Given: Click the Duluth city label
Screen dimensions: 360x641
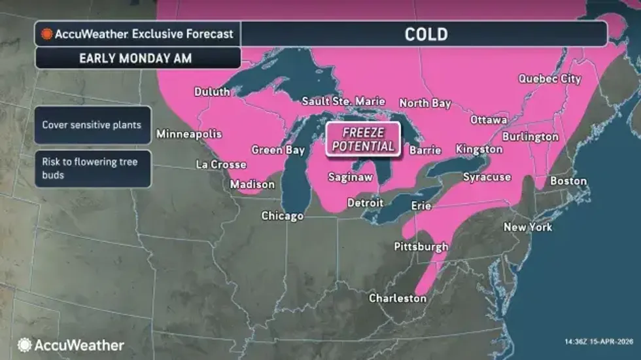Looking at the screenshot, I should tap(212, 92).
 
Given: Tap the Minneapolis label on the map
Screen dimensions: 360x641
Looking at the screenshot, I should tap(189, 135).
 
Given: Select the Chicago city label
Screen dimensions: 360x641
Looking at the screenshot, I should tap(283, 216).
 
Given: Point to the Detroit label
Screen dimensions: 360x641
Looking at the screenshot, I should tap(365, 203).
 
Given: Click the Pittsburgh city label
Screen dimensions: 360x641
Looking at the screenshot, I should tap(421, 247).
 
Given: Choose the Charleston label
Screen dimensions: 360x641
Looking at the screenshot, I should tap(398, 298).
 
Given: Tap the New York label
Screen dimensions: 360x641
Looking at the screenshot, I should tap(528, 227).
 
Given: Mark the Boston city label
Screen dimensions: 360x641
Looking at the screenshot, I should tap(568, 181).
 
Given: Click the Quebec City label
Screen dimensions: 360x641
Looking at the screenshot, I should tap(549, 79).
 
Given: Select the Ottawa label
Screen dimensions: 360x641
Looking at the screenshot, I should tap(489, 120).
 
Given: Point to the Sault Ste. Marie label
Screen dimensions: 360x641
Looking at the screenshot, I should tap(343, 102).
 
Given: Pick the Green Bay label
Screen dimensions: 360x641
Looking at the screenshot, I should tap(279, 150).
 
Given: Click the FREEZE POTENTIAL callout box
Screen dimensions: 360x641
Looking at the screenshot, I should tap(364, 138).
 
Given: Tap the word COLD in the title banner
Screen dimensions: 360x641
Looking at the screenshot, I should tap(426, 34).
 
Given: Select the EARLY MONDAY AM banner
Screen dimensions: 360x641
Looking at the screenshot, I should tap(135, 58).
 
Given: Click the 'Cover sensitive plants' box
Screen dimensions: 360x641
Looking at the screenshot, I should tap(92, 125).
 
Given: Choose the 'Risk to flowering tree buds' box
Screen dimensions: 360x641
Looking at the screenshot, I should tap(92, 169).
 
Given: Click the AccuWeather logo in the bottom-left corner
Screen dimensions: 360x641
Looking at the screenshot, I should tap(71, 345).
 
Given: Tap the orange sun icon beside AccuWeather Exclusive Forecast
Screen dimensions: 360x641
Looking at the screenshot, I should tap(47, 34).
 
